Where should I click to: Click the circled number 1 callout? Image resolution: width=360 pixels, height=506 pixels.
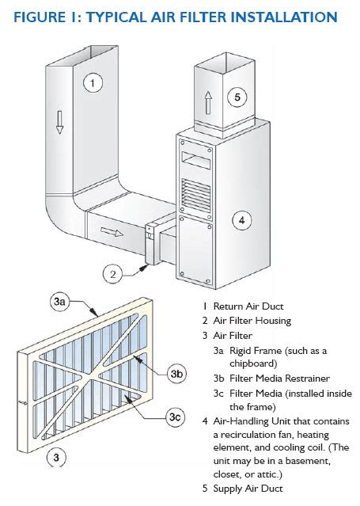click(x=93, y=83)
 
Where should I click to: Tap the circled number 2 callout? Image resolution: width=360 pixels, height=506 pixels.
click(x=112, y=274)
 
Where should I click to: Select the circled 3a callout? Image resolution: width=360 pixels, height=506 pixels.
click(x=59, y=302)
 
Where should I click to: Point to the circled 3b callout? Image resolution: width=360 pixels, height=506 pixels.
click(x=176, y=374)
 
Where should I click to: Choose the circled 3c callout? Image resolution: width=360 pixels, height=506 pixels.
click(x=175, y=417)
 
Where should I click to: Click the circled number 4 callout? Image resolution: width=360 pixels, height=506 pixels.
click(x=242, y=221)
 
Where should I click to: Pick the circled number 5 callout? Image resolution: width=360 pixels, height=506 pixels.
click(x=237, y=97)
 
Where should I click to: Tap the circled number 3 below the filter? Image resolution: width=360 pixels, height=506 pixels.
click(x=56, y=457)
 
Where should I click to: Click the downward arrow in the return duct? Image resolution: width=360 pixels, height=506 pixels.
click(x=59, y=122)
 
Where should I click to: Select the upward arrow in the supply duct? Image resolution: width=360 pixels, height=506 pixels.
click(x=208, y=103)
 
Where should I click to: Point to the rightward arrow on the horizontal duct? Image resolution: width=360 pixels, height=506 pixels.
click(x=112, y=232)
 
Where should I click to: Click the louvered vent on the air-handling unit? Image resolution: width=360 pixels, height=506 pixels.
click(x=196, y=195)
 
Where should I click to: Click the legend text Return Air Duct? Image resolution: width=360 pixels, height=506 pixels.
click(x=248, y=306)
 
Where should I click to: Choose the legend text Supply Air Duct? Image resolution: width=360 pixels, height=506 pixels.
click(x=248, y=489)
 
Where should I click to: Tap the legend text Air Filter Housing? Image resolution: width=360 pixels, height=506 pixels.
click(x=252, y=321)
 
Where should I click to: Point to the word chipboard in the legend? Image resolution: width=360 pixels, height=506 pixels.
click(x=252, y=363)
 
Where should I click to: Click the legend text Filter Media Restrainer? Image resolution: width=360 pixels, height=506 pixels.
click(x=279, y=379)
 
